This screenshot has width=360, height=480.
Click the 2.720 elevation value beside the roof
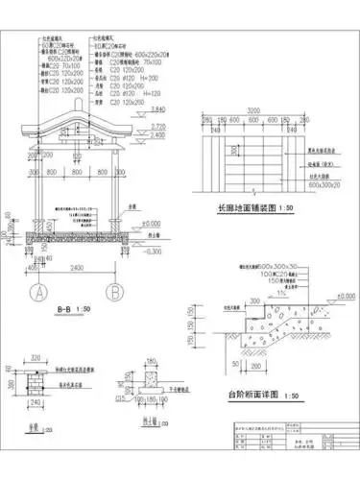click(159, 126)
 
